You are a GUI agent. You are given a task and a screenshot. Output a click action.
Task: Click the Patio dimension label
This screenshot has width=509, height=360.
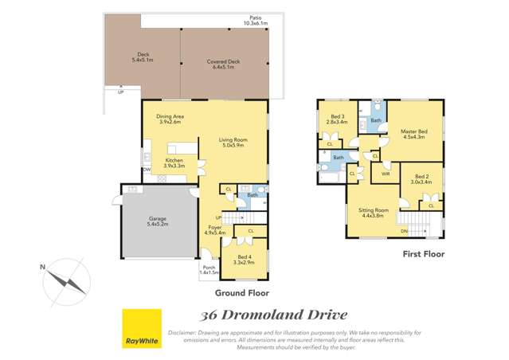click(255, 20)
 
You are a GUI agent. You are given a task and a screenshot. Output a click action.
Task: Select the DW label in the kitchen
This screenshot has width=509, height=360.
click(147, 170)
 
